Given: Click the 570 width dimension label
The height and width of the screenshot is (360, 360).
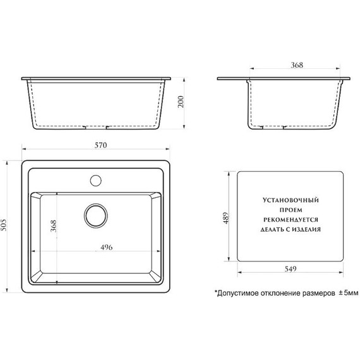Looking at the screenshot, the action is [x=101, y=145].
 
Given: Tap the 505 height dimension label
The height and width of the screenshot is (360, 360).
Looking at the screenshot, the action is [x=4, y=225].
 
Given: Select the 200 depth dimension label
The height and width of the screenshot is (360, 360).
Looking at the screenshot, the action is [x=181, y=102].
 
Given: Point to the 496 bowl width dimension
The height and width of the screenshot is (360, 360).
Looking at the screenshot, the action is [x=107, y=248].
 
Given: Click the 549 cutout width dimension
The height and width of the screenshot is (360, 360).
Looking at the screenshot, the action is [x=291, y=268].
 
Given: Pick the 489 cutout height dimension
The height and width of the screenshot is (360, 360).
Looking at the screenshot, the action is [x=226, y=218].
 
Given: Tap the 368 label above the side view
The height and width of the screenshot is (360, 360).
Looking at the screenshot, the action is [x=297, y=65].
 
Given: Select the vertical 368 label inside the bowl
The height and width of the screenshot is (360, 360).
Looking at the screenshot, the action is [x=53, y=226].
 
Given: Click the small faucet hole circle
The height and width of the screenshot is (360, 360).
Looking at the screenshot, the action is [x=96, y=181].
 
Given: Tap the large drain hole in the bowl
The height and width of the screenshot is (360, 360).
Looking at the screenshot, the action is [x=96, y=216].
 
